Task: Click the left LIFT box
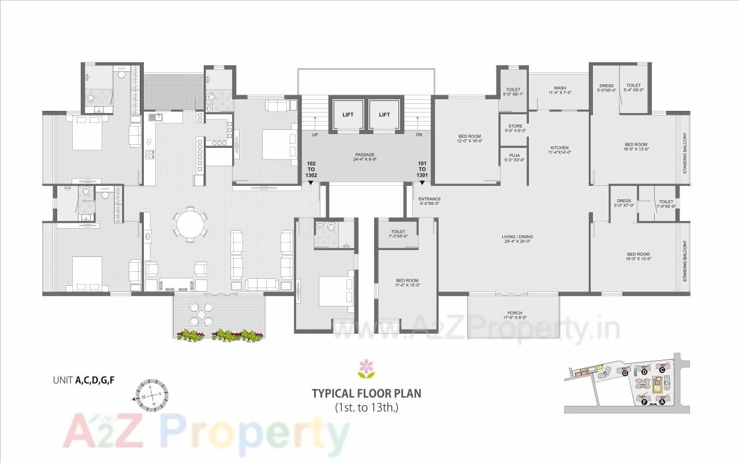[348, 115]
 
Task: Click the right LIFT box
[385, 115]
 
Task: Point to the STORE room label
[514, 128]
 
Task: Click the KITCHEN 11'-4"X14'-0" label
[559, 150]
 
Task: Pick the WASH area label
[559, 91]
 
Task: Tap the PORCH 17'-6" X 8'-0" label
[514, 315]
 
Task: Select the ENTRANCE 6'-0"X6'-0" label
[430, 201]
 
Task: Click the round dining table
[191, 224]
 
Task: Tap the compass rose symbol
[152, 395]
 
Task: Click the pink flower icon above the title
[366, 368]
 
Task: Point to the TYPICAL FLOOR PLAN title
[367, 394]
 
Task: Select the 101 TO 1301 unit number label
[423, 170]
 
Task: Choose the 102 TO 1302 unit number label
[312, 170]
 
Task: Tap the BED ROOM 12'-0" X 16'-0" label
[466, 139]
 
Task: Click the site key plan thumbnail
[626, 383]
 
